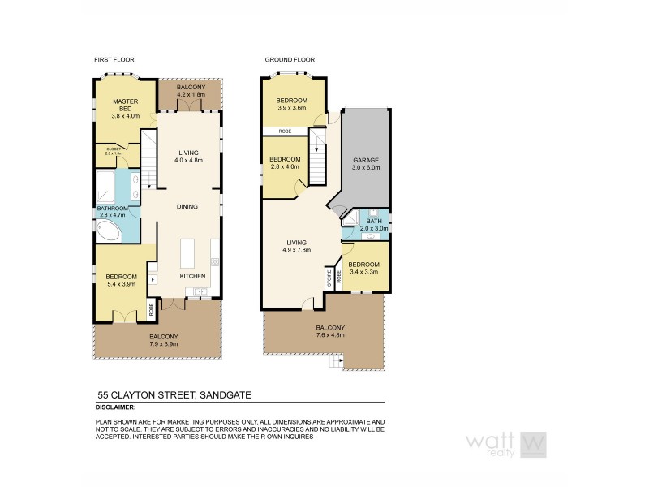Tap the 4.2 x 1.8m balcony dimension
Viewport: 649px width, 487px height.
coord(186,96)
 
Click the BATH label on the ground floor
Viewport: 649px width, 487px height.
coord(373,220)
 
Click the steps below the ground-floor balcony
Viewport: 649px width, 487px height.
coord(336,362)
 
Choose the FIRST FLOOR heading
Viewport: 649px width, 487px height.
coord(114,60)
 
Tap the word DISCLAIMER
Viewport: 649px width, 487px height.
coord(115,407)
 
